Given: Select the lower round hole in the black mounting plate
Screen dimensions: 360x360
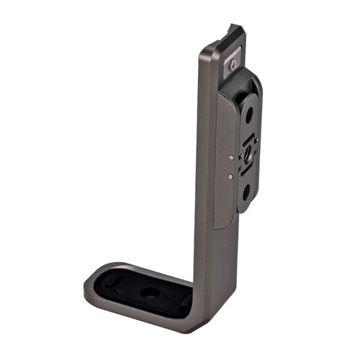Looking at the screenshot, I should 246,192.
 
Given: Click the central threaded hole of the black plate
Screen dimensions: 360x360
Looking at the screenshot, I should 246,153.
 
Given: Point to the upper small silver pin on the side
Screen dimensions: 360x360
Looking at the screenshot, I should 229,155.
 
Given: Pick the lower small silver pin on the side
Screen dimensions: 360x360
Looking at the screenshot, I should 229,175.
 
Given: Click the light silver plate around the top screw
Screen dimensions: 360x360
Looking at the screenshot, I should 234,58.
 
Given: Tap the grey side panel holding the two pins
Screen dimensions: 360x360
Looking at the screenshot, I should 224,162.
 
